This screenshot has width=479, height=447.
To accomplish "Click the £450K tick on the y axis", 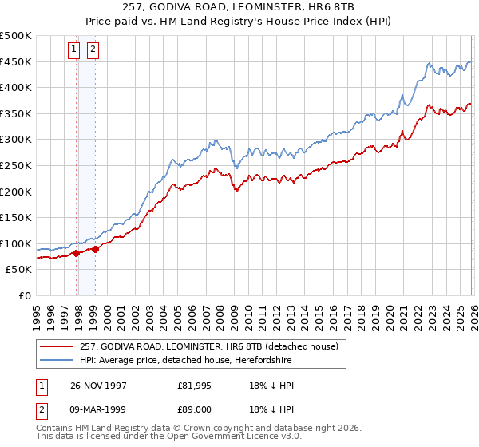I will click(x=16, y=62).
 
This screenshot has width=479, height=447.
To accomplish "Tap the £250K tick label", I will click(x=16, y=166).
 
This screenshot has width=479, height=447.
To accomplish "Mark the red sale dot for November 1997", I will click(x=77, y=253).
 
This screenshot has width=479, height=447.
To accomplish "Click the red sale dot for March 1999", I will click(x=95, y=249).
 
